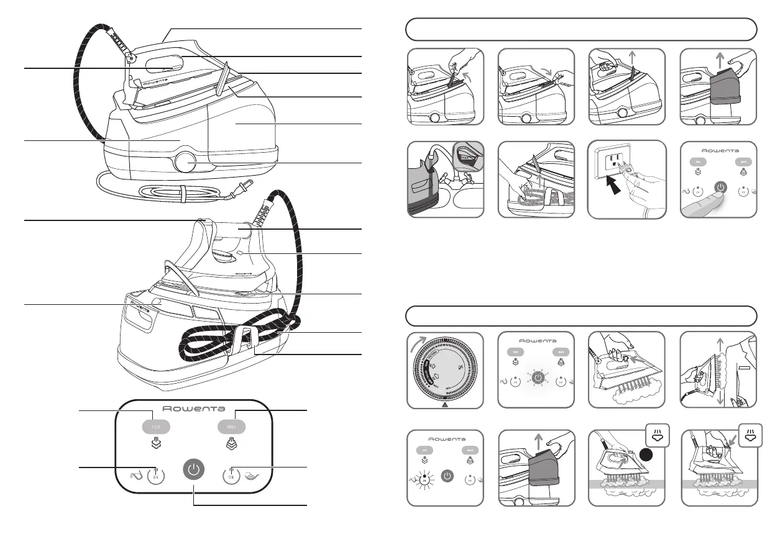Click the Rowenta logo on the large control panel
[194, 409]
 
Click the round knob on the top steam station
[183, 163]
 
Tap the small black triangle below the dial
[446, 404]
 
